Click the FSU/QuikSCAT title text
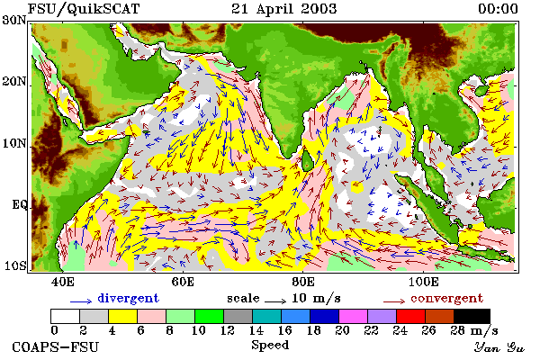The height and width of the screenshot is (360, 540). point(84,9)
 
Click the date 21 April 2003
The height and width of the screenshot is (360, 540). point(283,9)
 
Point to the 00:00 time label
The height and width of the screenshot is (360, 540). point(498,9)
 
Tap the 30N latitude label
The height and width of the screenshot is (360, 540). point(14,20)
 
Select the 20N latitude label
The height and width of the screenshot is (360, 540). point(14,82)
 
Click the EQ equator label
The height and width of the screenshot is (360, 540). point(20,205)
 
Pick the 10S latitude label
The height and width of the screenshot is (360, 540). point(15,265)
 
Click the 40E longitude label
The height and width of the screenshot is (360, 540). point(63,282)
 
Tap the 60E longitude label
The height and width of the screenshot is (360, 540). point(183,282)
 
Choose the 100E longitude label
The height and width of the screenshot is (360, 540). point(424,282)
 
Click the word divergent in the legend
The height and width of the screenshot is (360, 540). point(128,298)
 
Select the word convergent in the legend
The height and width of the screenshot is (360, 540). point(446,298)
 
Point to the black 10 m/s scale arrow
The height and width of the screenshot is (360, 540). point(275,301)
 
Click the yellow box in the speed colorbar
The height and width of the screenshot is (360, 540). point(123,316)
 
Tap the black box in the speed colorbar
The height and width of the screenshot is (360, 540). point(472,316)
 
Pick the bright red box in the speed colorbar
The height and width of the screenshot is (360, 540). point(411,316)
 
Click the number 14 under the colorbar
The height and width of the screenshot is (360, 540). point(256,330)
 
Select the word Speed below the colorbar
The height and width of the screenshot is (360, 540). point(270,345)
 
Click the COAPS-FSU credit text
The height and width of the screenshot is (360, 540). point(56,346)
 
